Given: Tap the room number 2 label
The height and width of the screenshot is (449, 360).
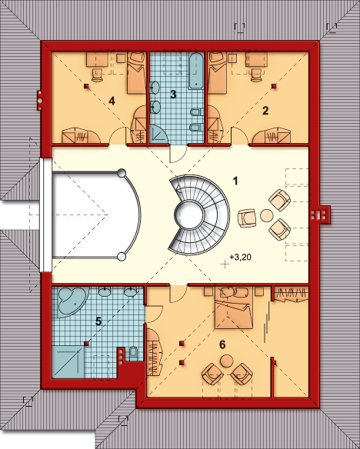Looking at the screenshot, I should [265, 111].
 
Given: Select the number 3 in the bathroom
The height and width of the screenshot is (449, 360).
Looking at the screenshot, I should [173, 95].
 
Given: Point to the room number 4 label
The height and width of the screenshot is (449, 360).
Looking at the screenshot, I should [112, 101].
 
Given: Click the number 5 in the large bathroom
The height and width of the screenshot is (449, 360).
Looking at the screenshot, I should [98, 321].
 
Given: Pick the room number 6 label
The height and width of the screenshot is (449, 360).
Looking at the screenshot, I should [223, 344].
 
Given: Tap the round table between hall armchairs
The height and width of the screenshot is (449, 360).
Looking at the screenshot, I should [265, 215].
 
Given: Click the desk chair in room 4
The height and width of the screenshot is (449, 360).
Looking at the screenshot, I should [98, 74].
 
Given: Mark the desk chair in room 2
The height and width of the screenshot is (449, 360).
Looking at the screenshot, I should [257, 74].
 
